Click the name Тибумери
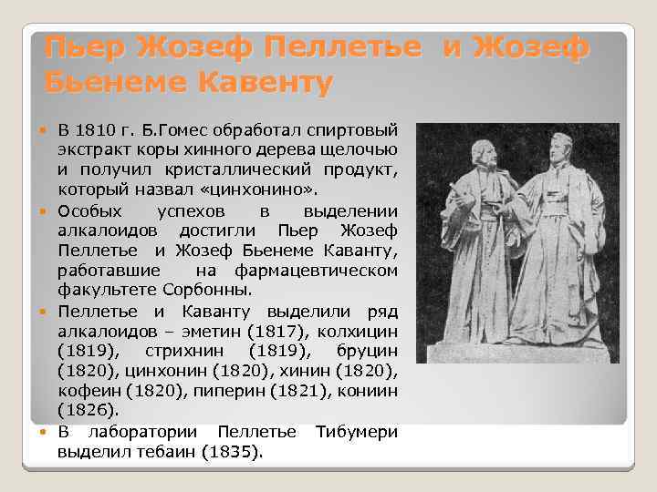coord(356,430)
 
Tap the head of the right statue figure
coord(562,143)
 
